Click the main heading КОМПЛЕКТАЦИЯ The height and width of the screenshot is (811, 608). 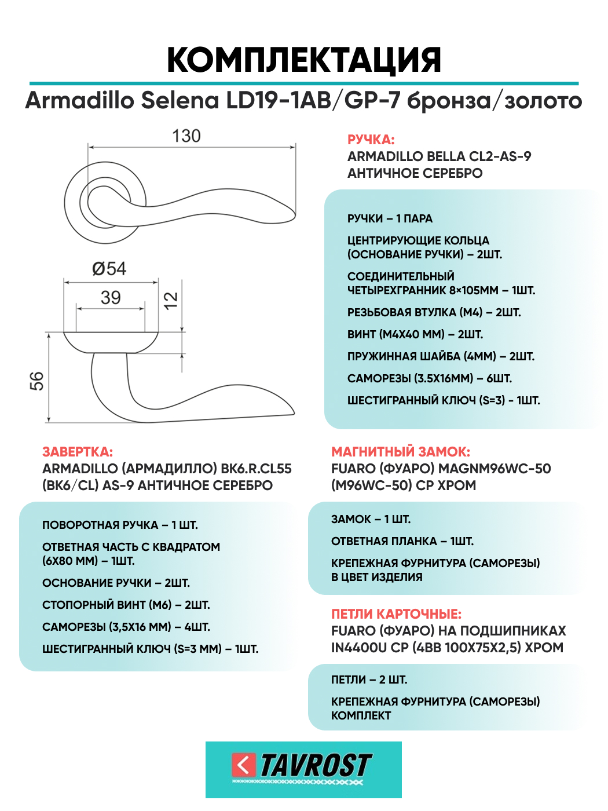pyautogui.click(x=304, y=60)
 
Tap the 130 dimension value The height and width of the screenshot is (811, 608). pyautogui.click(x=186, y=136)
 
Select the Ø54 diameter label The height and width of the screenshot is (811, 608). pyautogui.click(x=109, y=269)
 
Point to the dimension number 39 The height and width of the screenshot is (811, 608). pyautogui.click(x=111, y=298)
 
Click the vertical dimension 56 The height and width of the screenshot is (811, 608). pyautogui.click(x=36, y=381)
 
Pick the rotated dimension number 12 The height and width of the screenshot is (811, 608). pyautogui.click(x=171, y=300)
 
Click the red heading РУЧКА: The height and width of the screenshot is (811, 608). pyautogui.click(x=371, y=140)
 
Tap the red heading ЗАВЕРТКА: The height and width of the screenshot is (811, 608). pyautogui.click(x=78, y=452)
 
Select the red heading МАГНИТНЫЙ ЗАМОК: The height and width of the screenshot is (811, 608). pyautogui.click(x=401, y=452)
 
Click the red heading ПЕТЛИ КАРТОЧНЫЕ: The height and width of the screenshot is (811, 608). pyautogui.click(x=396, y=614)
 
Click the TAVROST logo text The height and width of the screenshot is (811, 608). pyautogui.click(x=316, y=765)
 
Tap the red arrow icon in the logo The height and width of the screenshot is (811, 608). pyautogui.click(x=244, y=765)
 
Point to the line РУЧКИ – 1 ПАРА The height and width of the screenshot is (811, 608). pyautogui.click(x=390, y=218)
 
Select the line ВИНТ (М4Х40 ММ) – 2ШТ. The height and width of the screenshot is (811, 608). pyautogui.click(x=415, y=334)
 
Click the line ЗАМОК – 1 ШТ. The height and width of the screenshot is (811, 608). pyautogui.click(x=371, y=519)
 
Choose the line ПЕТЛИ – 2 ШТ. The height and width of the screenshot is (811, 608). pyautogui.click(x=369, y=680)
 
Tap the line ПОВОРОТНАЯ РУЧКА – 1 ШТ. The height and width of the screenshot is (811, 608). pyautogui.click(x=120, y=525)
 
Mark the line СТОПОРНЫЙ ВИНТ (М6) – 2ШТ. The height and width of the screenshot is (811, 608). pyautogui.click(x=126, y=605)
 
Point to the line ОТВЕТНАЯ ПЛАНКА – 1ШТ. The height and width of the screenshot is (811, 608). pyautogui.click(x=402, y=541)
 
